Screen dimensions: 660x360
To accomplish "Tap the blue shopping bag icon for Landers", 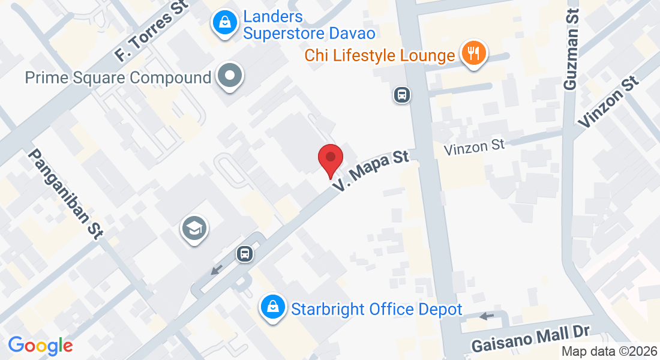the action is click(224, 23).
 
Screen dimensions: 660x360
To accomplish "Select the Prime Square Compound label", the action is click(118, 77).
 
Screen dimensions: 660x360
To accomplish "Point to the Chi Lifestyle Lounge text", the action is click(379, 56).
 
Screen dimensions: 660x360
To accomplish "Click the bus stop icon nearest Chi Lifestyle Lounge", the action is click(401, 94).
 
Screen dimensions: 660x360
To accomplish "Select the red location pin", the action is click(330, 159).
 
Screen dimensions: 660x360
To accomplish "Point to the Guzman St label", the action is click(572, 50).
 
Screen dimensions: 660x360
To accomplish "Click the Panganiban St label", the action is click(65, 194).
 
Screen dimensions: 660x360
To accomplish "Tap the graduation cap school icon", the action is click(194, 229).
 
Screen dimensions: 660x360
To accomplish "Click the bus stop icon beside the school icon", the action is click(245, 254).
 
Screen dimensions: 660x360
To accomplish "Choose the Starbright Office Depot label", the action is click(376, 309).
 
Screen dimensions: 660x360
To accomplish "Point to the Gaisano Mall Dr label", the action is click(531, 340).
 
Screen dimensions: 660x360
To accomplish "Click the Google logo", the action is click(40, 345).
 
